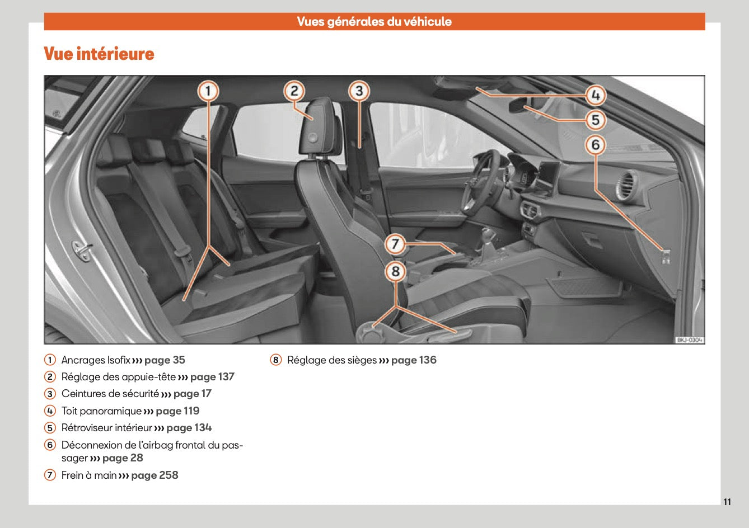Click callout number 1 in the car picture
coord(208,91)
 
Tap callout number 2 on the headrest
coord(294,91)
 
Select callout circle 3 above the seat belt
coord(359,91)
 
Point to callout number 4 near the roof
coord(596,96)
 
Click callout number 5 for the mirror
coord(596,120)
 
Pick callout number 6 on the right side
coord(596,145)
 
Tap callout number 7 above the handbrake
coord(395,244)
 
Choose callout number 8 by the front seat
coord(395,272)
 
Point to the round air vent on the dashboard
coord(626,186)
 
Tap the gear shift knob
coord(489,233)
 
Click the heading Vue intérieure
coord(99,54)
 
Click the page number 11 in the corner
coord(727,502)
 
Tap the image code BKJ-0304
coord(689,340)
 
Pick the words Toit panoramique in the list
coord(101,411)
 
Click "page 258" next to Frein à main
coord(155,475)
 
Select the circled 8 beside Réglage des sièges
coord(275,360)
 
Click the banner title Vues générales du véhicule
coord(374,22)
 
